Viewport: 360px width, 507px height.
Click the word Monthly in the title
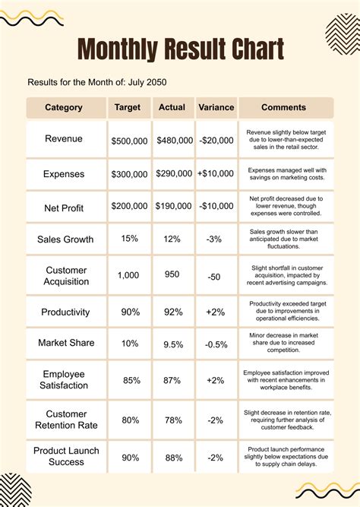coord(118,49)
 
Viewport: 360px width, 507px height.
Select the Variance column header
coord(216,107)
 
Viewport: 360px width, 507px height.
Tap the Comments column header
coord(283,107)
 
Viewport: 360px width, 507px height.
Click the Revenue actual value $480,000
coord(175,141)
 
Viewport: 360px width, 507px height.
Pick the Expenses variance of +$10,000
coord(216,173)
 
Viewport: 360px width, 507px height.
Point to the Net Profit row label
coord(64,208)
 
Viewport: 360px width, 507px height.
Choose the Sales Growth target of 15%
coord(130,239)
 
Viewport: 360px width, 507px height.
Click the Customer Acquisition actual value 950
coord(172,274)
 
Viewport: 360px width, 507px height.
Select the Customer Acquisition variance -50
coord(214,277)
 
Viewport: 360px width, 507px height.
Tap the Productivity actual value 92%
coord(173,312)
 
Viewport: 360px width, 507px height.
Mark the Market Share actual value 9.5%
coord(173,344)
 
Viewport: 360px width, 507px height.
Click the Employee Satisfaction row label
coord(64,379)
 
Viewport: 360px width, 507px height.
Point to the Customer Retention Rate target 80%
coord(130,420)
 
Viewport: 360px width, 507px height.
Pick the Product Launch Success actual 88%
coord(174,458)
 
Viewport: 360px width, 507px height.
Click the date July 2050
coord(147,82)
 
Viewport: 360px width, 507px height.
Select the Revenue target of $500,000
coord(129,141)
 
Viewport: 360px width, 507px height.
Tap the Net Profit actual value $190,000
coord(173,206)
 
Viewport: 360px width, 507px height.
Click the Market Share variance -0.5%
coord(216,344)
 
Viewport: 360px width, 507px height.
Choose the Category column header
coord(64,107)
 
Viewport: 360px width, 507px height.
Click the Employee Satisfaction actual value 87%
coord(172,380)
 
